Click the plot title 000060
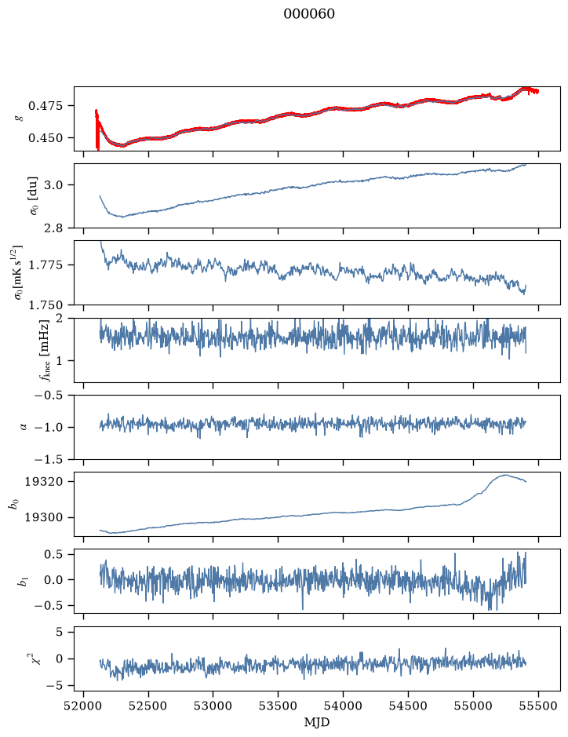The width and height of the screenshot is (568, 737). pyautogui.click(x=309, y=14)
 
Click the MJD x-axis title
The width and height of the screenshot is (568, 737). pyautogui.click(x=317, y=722)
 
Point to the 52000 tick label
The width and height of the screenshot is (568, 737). pyautogui.click(x=84, y=706)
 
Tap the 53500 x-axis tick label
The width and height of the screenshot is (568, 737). pyautogui.click(x=279, y=706)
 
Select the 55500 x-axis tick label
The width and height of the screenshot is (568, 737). pyautogui.click(x=538, y=706)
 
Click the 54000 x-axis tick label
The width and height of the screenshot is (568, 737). pyautogui.click(x=343, y=706)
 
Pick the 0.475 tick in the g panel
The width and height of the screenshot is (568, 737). pyautogui.click(x=45, y=106)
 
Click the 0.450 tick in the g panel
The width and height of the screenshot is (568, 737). pyautogui.click(x=45, y=138)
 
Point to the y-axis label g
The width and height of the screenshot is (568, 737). pyautogui.click(x=20, y=119)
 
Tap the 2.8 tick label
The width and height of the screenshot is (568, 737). pyautogui.click(x=53, y=228)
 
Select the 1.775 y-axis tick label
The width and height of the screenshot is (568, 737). pyautogui.click(x=45, y=265)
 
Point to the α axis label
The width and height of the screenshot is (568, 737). pyautogui.click(x=24, y=427)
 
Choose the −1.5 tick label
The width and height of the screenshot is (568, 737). pyautogui.click(x=49, y=459)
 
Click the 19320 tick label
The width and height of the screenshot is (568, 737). pyautogui.click(x=43, y=482)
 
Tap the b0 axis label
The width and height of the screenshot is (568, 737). pyautogui.click(x=15, y=504)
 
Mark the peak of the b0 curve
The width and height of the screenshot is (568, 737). pyautogui.click(x=505, y=475)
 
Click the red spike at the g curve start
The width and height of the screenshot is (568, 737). pyautogui.click(x=97, y=130)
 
